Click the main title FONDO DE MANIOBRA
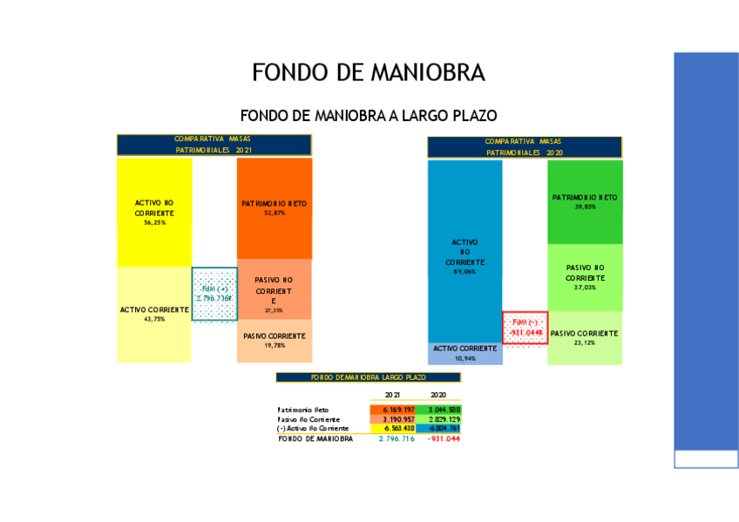[368, 72]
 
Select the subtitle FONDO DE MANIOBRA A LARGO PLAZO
[368, 115]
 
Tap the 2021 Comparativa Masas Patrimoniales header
[214, 145]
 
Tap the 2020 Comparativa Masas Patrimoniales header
[524, 146]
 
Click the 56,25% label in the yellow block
[154, 223]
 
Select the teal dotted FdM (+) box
[214, 294]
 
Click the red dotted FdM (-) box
[525, 327]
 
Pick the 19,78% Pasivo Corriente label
[275, 346]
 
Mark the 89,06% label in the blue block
[464, 272]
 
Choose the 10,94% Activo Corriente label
[464, 358]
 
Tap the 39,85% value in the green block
[585, 207]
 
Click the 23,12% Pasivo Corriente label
[585, 342]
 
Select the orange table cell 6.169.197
[397, 410]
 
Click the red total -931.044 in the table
[443, 439]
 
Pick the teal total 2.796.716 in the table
[397, 439]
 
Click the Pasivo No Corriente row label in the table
[309, 419]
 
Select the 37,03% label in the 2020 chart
[585, 287]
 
